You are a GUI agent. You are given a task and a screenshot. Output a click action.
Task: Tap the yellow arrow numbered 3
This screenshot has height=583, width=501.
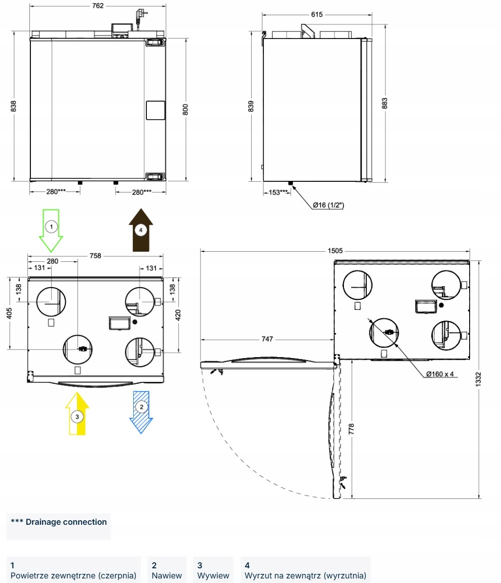coord(77,414)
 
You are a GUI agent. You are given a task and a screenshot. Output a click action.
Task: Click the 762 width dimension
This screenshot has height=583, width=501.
coord(98,6)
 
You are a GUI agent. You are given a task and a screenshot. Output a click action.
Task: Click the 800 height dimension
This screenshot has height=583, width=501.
coord(185,109)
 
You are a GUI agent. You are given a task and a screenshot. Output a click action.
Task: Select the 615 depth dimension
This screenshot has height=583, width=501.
coord(317,15)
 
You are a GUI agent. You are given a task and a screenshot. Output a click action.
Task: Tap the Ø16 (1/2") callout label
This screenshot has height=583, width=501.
coord(328,205)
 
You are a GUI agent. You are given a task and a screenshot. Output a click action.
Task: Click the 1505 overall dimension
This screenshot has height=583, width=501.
coord(335,250)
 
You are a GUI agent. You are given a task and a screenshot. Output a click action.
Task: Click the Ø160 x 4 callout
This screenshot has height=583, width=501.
coord(440,374)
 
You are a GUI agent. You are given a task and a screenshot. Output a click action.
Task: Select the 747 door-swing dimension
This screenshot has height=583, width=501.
coord(266,339)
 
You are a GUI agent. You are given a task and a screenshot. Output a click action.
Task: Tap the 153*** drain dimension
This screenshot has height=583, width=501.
coord(278,192)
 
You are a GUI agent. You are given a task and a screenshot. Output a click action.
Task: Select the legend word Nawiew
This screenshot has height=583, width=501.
coord(167,575)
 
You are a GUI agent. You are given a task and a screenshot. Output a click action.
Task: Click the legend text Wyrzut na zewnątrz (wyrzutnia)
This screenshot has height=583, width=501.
coord(305,575)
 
